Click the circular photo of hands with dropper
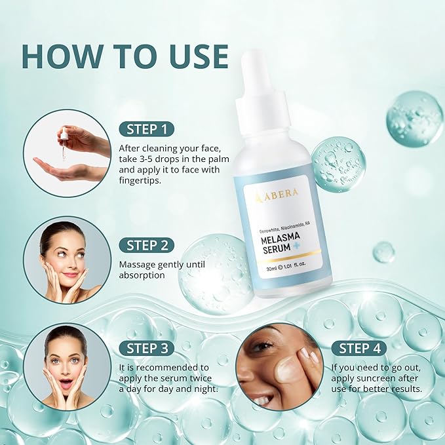[67, 153]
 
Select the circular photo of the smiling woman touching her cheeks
[67, 260]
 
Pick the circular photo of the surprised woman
[67, 367]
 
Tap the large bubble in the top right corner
[414, 119]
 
